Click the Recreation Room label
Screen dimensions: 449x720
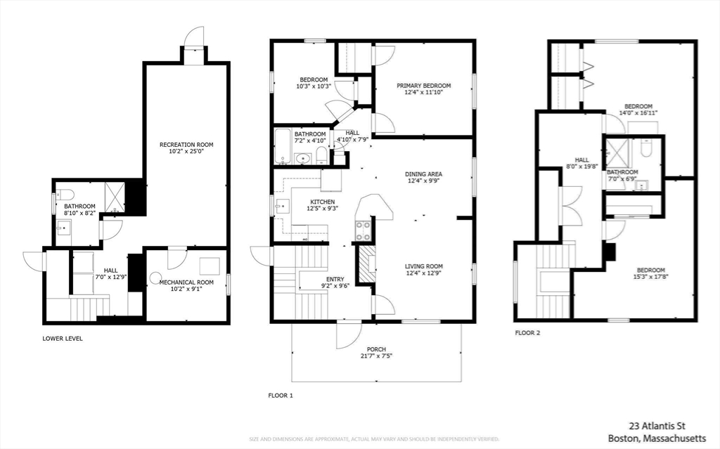(x=186, y=145)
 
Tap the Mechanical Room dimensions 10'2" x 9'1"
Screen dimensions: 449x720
(x=186, y=289)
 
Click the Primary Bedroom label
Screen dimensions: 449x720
(x=423, y=86)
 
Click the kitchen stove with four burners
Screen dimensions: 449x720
(x=364, y=230)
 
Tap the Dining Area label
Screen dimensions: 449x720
(x=423, y=174)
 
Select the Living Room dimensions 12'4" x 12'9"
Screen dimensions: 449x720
(x=423, y=273)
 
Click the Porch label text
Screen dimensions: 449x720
(x=376, y=349)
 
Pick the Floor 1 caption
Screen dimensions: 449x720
(x=280, y=396)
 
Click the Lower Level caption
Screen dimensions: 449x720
(x=63, y=338)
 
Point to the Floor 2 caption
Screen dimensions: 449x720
(x=527, y=333)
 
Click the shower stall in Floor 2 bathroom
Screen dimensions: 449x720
(x=617, y=154)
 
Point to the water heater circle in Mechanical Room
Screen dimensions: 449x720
(x=155, y=278)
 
